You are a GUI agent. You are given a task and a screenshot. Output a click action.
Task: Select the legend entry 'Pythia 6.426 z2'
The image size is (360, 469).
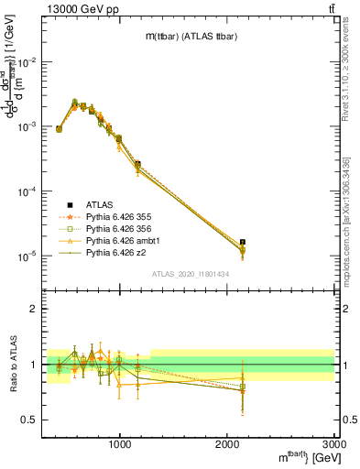pos(118,252)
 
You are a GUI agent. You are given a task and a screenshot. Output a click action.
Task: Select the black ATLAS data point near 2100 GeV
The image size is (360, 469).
pos(243,243)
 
